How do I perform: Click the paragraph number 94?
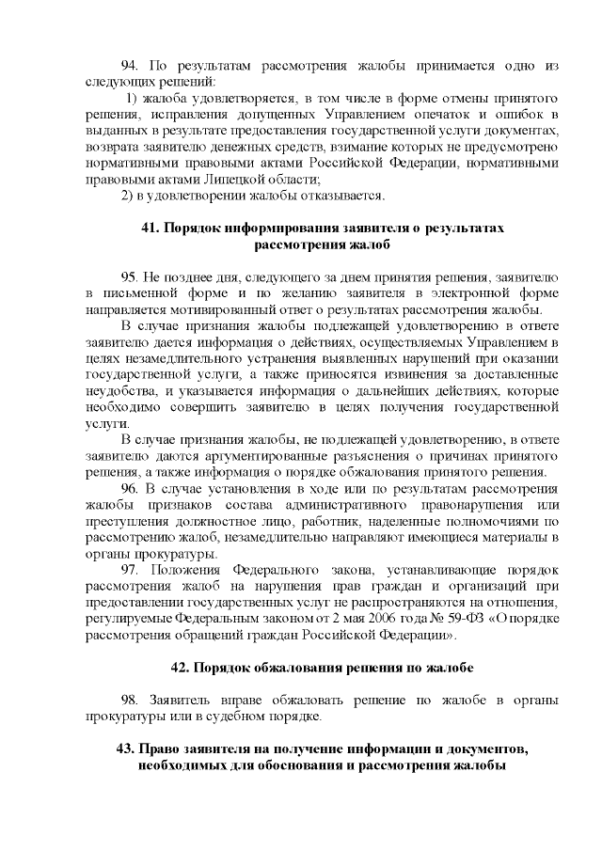[131, 68]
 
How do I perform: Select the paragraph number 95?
[131, 277]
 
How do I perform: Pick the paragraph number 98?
[131, 701]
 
